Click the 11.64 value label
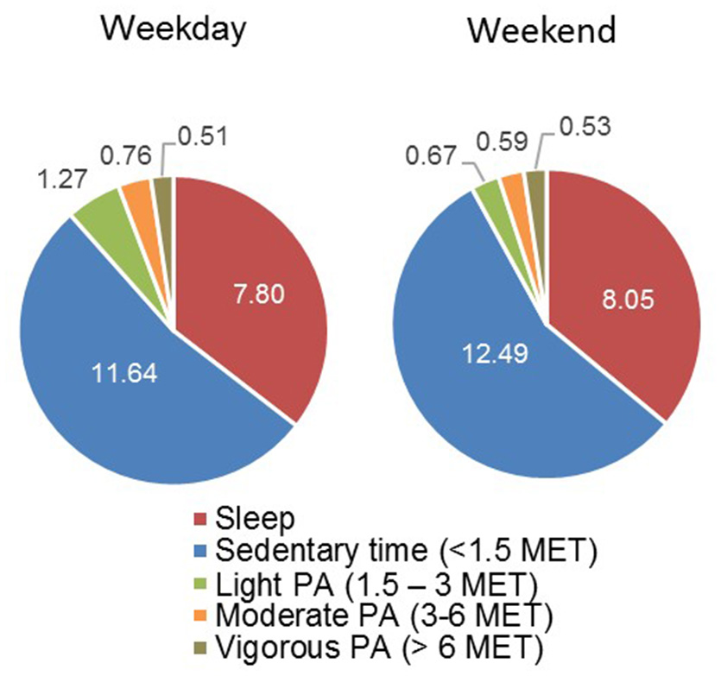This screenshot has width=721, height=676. pos(130,378)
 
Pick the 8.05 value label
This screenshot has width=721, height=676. pos(623,304)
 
